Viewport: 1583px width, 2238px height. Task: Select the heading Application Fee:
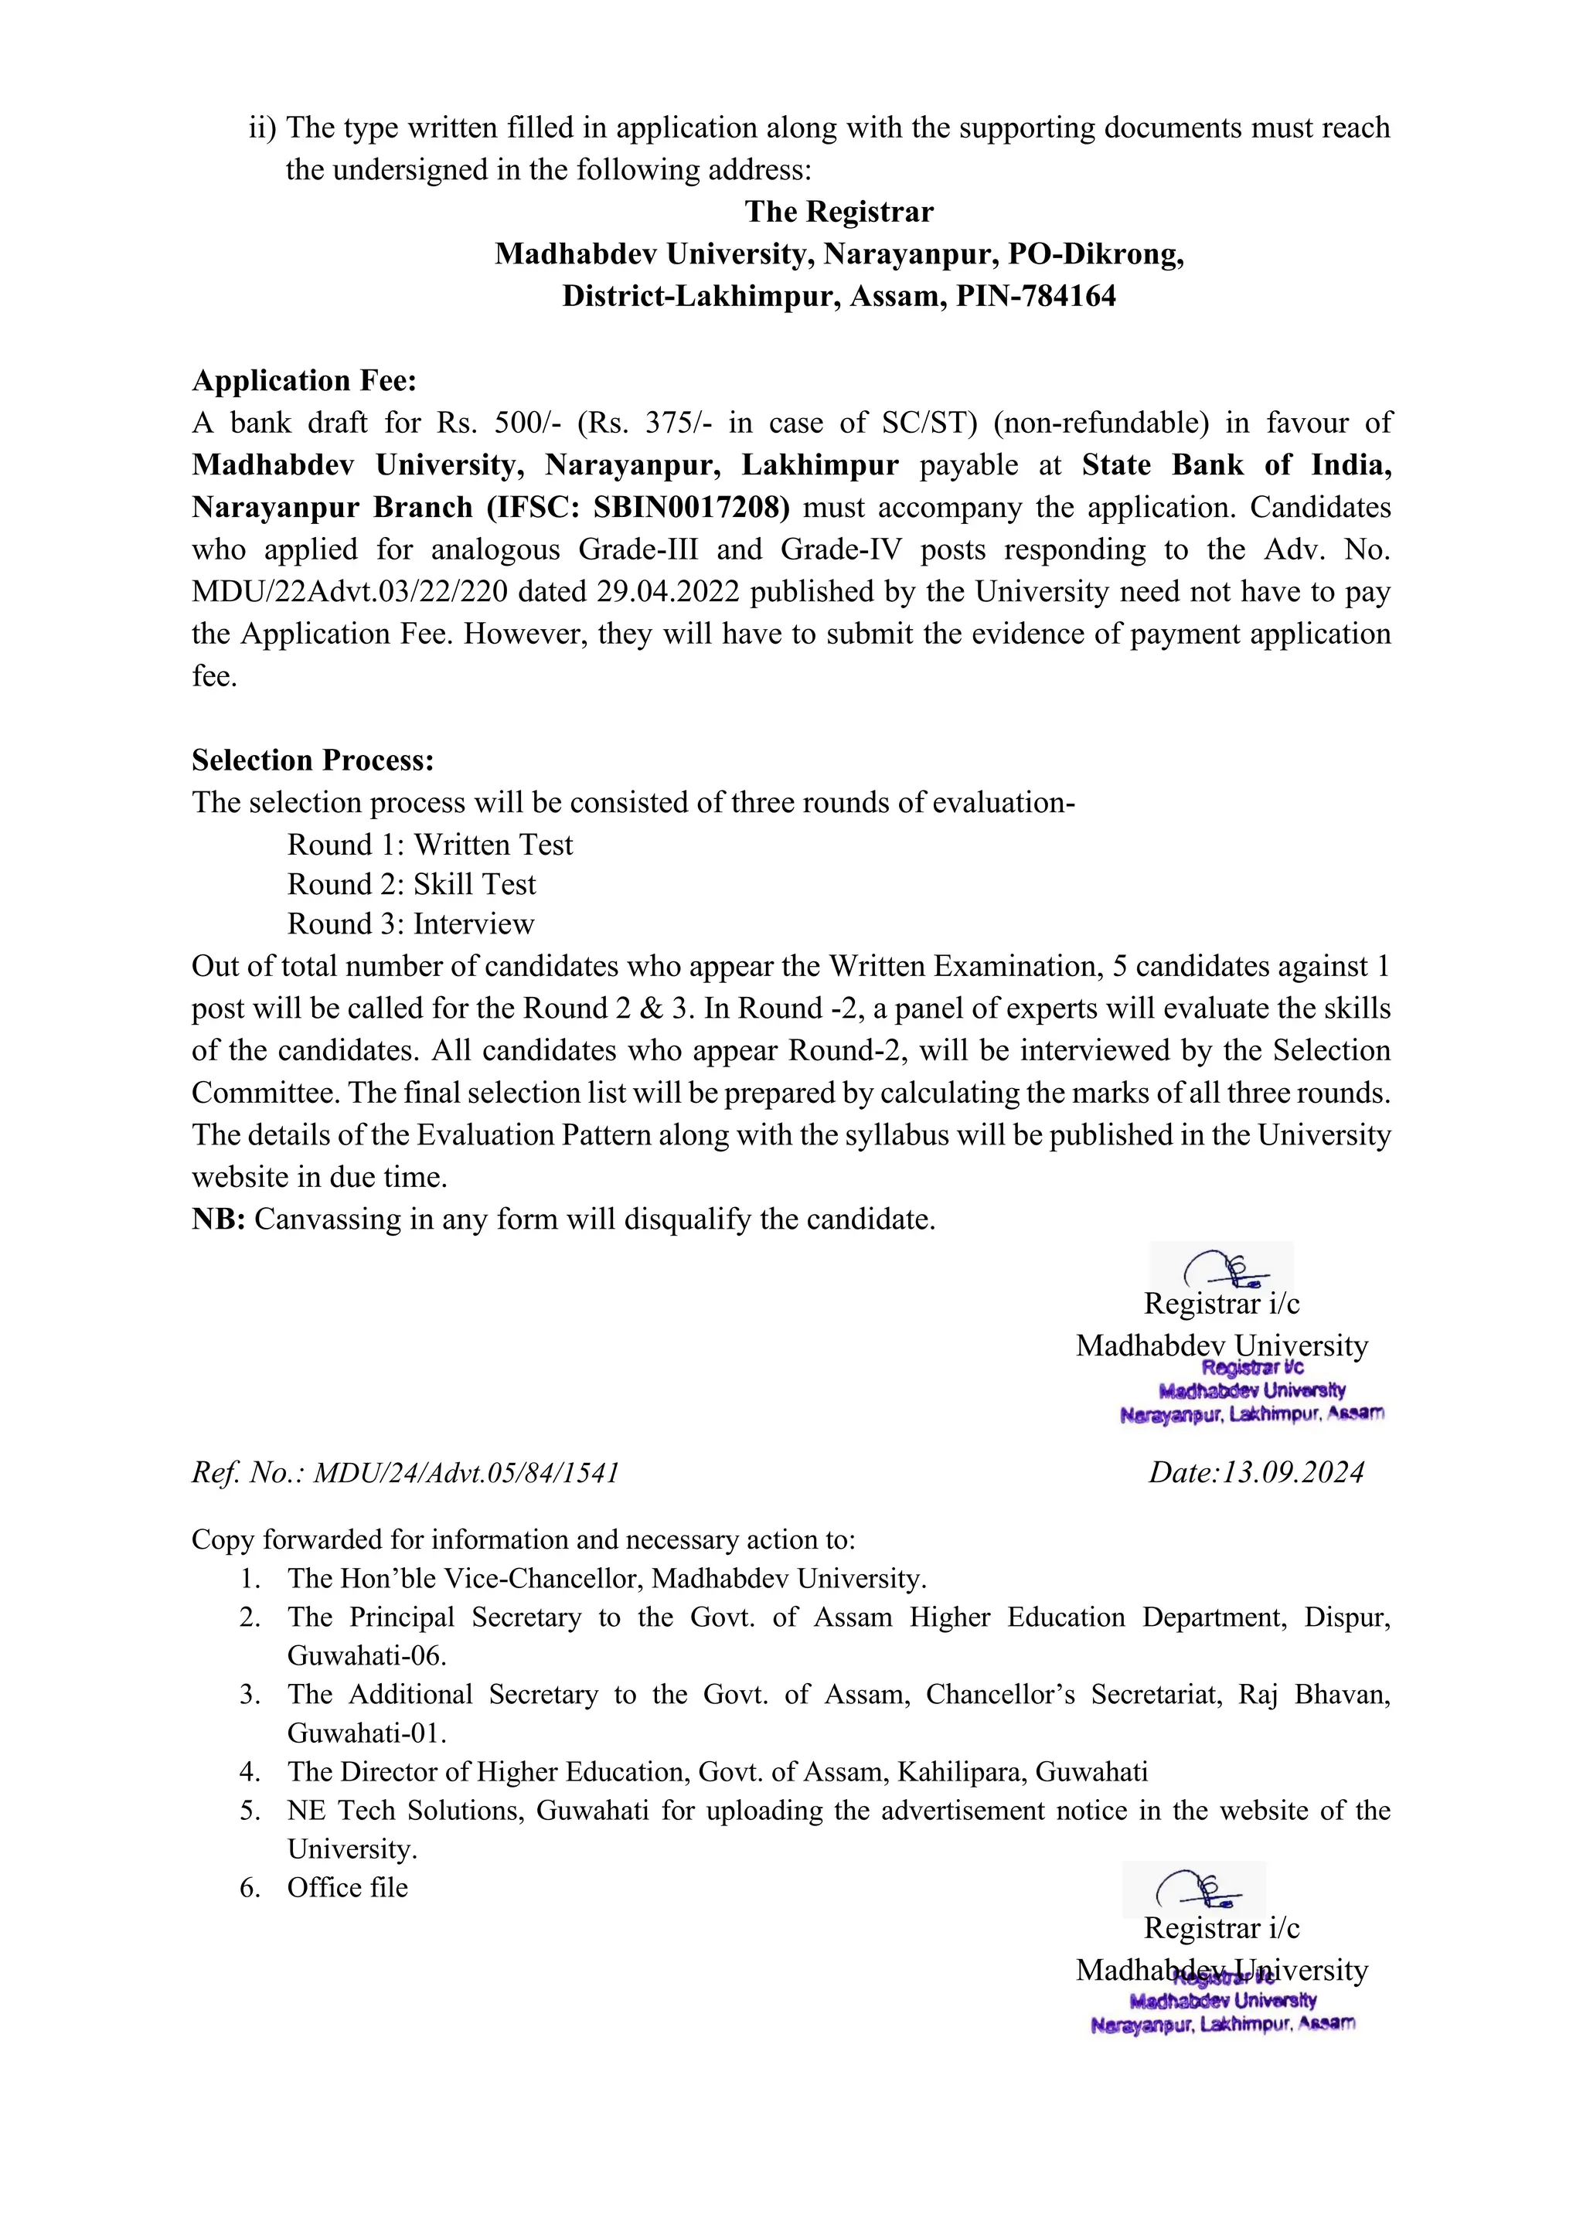click(x=304, y=381)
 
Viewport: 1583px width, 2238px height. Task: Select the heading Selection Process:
click(x=313, y=760)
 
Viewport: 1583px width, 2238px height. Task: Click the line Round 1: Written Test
click(x=430, y=845)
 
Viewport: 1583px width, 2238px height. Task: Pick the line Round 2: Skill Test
click(x=411, y=885)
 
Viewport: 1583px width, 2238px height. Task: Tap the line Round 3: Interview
click(x=410, y=924)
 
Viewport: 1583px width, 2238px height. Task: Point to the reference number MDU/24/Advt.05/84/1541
click(x=466, y=1473)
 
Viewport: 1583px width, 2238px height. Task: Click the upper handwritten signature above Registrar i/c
click(x=1224, y=1268)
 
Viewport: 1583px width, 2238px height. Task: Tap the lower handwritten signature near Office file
click(x=1196, y=1890)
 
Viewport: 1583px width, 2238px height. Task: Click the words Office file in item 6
click(x=347, y=1888)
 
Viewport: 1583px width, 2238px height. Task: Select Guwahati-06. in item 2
click(x=366, y=1656)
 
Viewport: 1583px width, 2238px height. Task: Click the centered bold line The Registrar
click(x=839, y=213)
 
